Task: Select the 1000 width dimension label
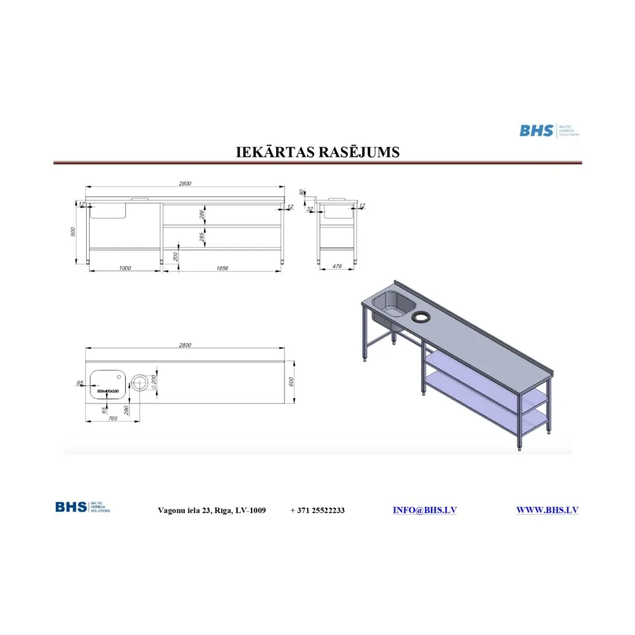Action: click(124, 268)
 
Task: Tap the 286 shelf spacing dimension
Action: click(202, 215)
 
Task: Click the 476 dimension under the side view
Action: click(337, 267)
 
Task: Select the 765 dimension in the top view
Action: click(112, 418)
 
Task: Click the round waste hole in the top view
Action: click(139, 382)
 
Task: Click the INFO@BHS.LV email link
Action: click(424, 510)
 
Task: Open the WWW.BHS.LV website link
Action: click(547, 510)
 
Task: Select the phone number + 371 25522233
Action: click(317, 511)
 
